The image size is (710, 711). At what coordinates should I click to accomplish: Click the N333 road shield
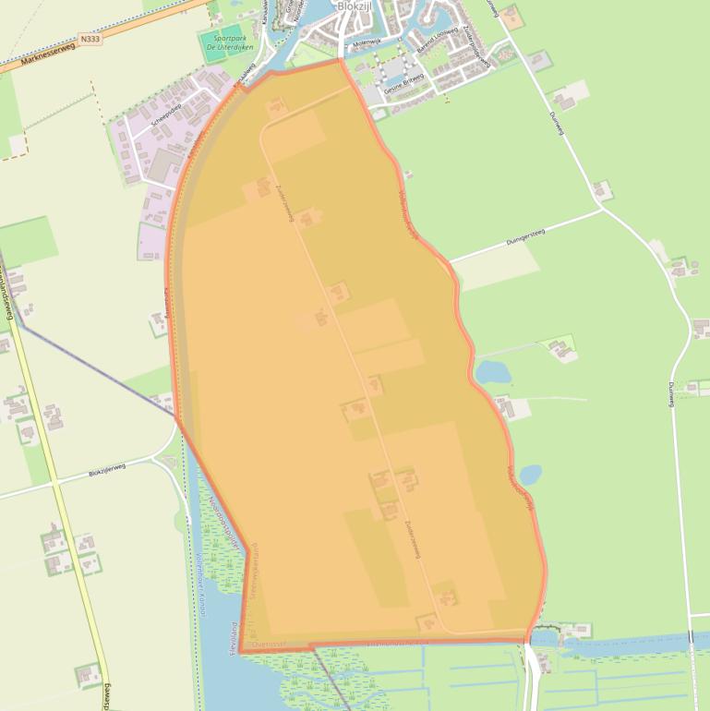(90, 39)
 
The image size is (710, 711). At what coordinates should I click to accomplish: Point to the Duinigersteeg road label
(525, 237)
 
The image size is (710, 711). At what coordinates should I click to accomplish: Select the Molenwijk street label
(366, 42)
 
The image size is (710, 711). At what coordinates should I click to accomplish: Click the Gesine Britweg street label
(403, 80)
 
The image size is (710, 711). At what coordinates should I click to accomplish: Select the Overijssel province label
(271, 644)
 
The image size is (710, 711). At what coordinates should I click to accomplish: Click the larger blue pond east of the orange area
(492, 371)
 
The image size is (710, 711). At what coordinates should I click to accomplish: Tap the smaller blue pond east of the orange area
(530, 474)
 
